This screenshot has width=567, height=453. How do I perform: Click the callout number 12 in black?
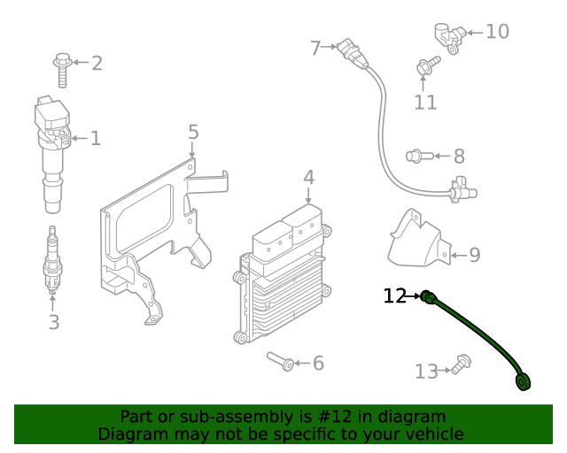click(394, 296)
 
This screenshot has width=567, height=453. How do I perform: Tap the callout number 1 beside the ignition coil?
click(96, 138)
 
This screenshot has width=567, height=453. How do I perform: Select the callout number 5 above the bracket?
click(193, 133)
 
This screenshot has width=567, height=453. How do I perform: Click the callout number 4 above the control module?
click(308, 177)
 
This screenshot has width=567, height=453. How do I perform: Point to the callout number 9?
click(474, 256)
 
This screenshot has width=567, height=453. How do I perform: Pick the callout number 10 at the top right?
click(497, 32)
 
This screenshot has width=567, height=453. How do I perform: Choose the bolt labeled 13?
click(461, 363)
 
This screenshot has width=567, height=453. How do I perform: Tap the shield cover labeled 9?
click(416, 237)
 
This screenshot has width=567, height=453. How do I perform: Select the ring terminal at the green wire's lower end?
click(523, 382)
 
